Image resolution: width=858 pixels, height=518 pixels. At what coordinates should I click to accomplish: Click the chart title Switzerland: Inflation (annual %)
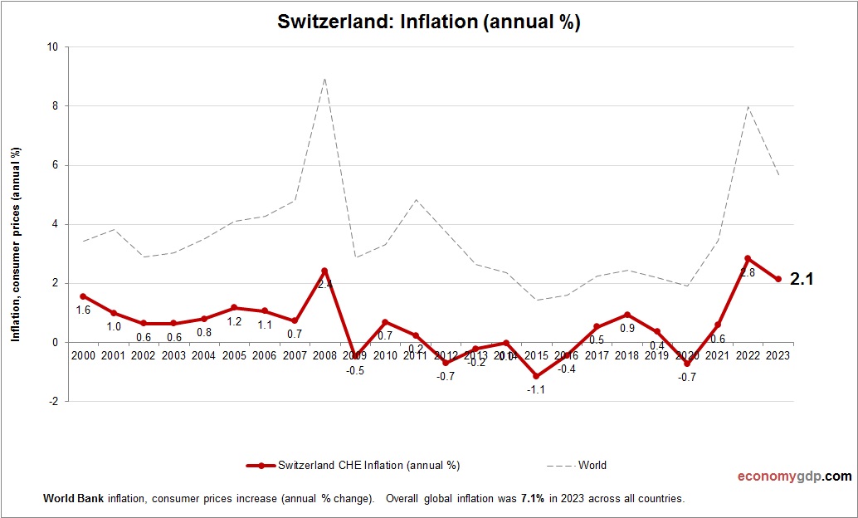tap(428, 22)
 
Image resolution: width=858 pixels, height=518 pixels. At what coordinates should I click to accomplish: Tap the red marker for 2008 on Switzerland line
tap(324, 271)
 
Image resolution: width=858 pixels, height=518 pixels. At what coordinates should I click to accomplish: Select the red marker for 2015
tap(536, 376)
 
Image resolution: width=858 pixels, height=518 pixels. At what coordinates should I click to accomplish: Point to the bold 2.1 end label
tap(802, 280)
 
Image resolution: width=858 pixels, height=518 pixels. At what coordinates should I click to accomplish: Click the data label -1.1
tap(536, 390)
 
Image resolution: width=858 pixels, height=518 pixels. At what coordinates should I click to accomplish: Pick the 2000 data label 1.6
tap(83, 310)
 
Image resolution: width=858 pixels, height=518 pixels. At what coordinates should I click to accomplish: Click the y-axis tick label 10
tap(52, 47)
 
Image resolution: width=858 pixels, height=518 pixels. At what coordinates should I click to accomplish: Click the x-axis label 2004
tap(203, 355)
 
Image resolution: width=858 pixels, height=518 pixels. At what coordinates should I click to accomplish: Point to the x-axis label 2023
tap(778, 355)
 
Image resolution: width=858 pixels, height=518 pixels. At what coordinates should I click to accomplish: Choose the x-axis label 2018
tap(626, 355)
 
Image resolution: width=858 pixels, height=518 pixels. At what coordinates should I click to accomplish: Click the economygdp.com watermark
tap(795, 476)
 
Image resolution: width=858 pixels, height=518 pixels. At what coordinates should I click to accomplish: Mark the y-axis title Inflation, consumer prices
tap(15, 244)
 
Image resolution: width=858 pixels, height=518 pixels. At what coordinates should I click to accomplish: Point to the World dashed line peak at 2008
tap(324, 79)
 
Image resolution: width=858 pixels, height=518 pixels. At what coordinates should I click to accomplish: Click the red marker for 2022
tap(748, 258)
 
